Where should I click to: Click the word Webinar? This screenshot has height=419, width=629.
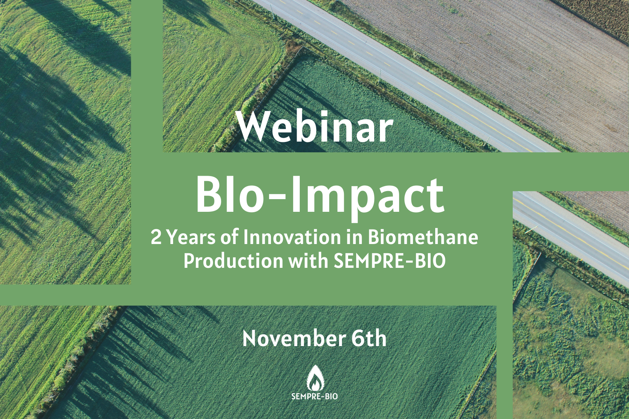(x=315, y=127)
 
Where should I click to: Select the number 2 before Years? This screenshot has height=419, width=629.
(x=156, y=238)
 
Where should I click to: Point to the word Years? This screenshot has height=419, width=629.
(x=191, y=238)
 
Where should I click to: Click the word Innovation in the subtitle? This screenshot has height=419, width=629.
(x=292, y=237)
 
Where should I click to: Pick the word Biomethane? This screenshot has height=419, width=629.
(x=423, y=237)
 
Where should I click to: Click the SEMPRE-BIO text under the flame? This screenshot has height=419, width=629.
(x=315, y=396)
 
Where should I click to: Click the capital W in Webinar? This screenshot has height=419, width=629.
(x=256, y=127)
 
